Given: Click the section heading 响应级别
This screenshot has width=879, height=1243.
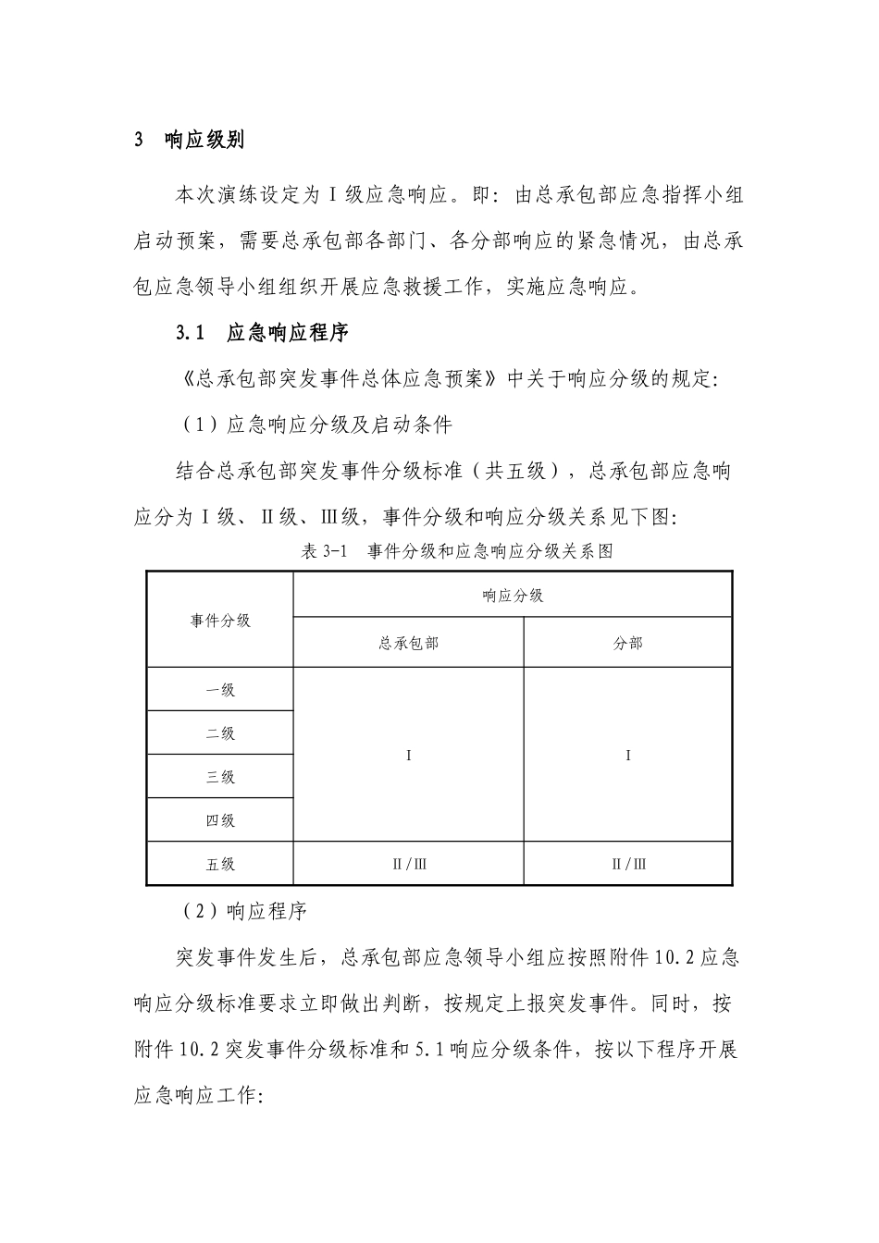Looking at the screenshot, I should (x=204, y=141).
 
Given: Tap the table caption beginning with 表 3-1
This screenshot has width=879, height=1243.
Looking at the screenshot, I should (x=457, y=552).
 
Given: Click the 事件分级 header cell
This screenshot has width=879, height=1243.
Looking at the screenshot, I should (x=220, y=620).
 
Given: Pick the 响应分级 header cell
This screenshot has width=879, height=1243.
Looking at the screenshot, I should (x=513, y=596).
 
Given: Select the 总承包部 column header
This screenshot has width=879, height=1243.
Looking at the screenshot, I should (x=408, y=643).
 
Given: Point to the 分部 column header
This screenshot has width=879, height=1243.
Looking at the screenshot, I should (x=627, y=643).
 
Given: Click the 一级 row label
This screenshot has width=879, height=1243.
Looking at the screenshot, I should (x=220, y=690).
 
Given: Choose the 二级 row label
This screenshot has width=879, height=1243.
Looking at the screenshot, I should (x=220, y=733).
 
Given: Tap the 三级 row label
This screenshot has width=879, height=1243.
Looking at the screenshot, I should (x=220, y=777).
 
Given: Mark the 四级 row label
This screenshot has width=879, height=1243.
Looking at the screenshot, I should (x=220, y=820).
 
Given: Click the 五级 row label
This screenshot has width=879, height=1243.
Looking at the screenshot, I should (x=220, y=865).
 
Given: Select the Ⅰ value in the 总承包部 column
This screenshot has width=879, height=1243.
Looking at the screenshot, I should (x=409, y=756).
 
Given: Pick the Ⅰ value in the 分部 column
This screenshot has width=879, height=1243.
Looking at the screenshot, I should (x=628, y=756).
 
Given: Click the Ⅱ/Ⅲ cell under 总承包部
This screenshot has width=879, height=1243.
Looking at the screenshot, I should (x=409, y=865).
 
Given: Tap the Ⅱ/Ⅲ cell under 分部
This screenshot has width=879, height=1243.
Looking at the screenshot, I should (x=628, y=865).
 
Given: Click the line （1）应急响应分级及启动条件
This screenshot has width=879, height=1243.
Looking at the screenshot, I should (x=315, y=425).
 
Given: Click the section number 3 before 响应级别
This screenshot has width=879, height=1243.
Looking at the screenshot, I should (x=139, y=141).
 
